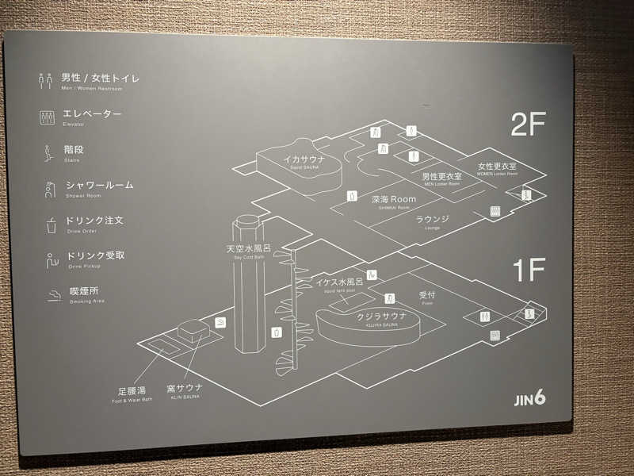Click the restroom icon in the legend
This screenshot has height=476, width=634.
coord(46,80)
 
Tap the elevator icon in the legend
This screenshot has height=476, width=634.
coord(47,117)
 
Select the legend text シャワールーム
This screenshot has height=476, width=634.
coord(100,186)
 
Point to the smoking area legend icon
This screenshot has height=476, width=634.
coord(53,295)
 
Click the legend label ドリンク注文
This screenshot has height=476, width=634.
coord(95,221)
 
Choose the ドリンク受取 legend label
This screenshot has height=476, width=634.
coord(95,256)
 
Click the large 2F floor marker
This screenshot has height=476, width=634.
coord(529,125)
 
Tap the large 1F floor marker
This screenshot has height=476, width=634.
coord(529,271)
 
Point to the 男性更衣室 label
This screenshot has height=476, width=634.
coord(441,176)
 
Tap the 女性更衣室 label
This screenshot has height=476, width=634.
coord(497,167)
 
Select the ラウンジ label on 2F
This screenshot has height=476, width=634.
coord(433,219)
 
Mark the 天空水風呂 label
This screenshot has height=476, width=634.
coord(248,249)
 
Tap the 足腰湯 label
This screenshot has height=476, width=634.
coord(132,391)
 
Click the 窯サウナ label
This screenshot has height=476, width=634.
coord(184,388)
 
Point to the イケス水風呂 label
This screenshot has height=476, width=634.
coord(339,282)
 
